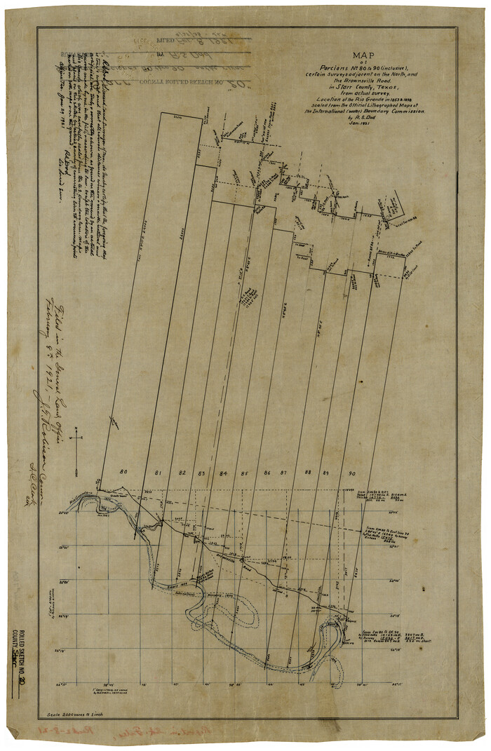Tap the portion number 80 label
pyautogui.click(x=123, y=472)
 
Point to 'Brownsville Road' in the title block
pyautogui.click(x=363, y=81)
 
